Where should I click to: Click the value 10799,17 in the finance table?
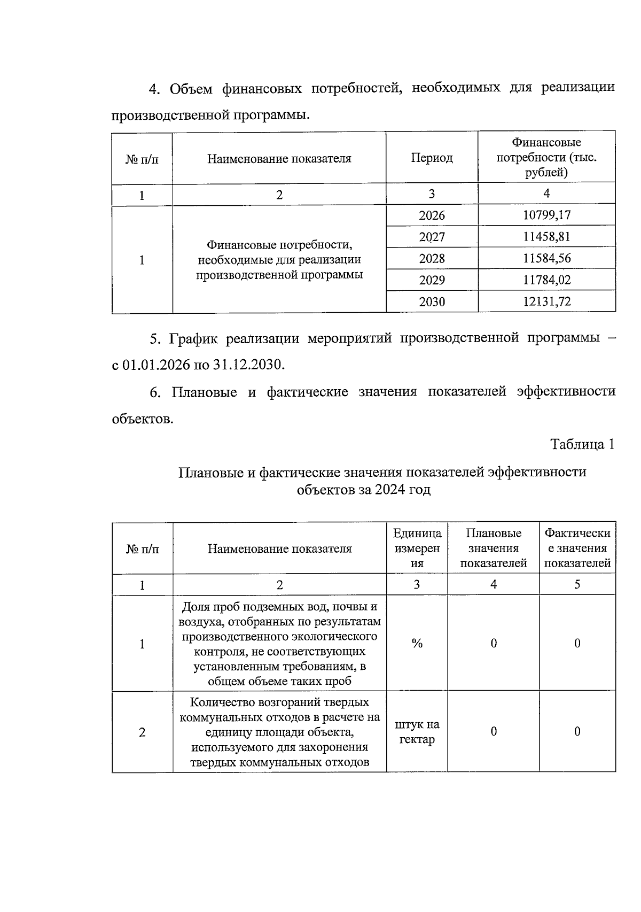click(546, 215)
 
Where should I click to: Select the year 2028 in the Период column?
click(432, 259)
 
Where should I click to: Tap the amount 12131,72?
click(546, 302)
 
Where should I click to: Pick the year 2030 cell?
click(432, 302)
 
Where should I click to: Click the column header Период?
click(432, 158)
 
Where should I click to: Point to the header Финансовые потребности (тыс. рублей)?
click(546, 157)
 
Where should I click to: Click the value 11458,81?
click(546, 237)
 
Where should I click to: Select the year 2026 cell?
click(432, 215)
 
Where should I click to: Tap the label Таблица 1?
click(582, 444)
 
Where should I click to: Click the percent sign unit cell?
click(417, 644)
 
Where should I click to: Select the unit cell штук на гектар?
click(417, 732)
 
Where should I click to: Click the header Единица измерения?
click(417, 548)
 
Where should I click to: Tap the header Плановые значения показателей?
click(493, 548)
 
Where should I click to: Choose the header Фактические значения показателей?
click(577, 548)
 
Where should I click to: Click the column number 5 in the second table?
click(577, 584)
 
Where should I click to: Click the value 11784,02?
click(546, 280)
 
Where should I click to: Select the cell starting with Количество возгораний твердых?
click(279, 732)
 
